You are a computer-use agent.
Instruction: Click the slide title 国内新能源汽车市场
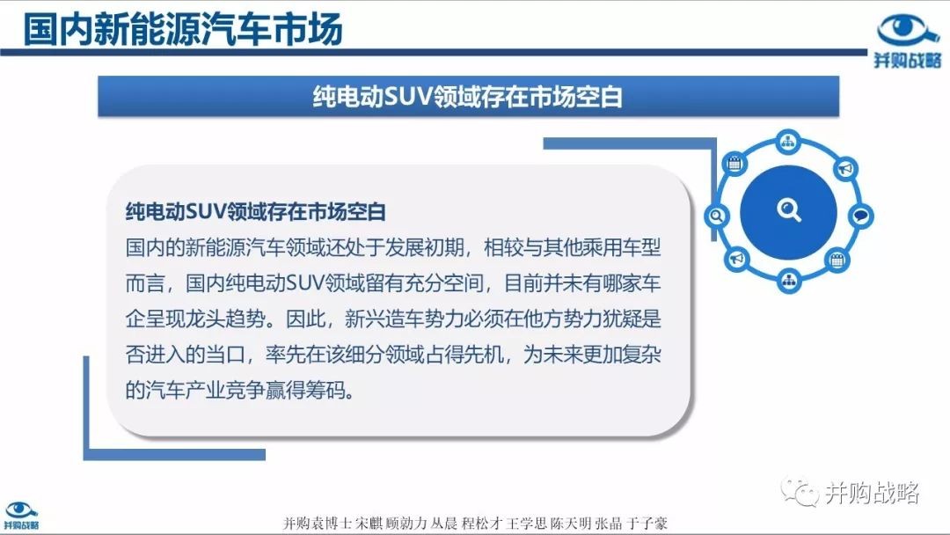(x=183, y=28)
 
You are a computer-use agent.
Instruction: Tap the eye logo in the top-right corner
(x=908, y=30)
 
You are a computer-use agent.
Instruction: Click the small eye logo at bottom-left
(x=21, y=509)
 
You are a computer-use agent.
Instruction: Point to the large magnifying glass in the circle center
(x=789, y=210)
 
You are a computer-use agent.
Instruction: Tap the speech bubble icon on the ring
(x=860, y=215)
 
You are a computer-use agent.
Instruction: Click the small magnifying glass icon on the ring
(x=717, y=216)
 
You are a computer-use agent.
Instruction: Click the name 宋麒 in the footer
(x=369, y=524)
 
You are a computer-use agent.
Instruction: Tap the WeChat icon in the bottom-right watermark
(x=799, y=491)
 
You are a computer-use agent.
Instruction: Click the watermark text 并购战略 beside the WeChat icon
(x=872, y=493)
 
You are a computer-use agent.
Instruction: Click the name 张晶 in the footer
(x=608, y=524)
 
